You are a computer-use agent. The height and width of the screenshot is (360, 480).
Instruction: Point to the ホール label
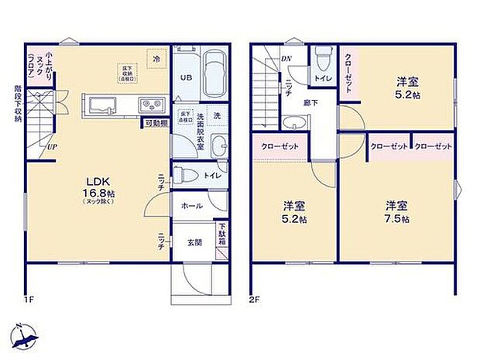point(192,206)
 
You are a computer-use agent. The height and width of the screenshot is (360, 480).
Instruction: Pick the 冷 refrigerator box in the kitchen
point(156,58)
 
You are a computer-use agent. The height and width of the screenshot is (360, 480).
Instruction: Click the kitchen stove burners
point(149,105)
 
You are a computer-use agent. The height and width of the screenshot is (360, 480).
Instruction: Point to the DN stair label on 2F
point(286,59)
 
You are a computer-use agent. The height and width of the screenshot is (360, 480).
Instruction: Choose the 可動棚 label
point(155,123)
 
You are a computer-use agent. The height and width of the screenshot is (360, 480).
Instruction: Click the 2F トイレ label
point(324,79)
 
